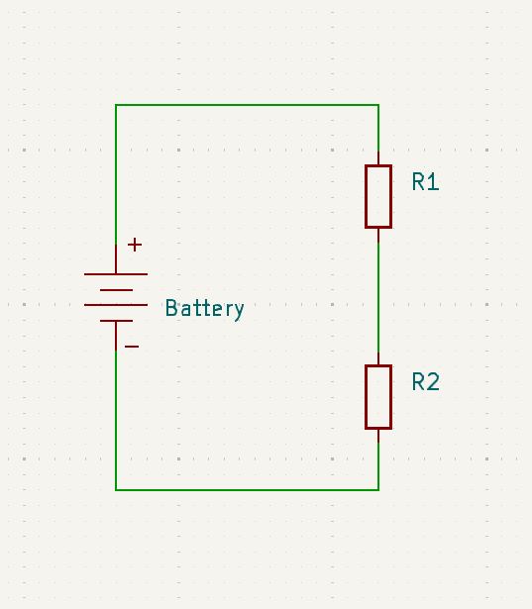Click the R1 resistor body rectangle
pyautogui.click(x=378, y=196)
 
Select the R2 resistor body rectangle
pyautogui.click(x=378, y=396)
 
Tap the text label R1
pyautogui.click(x=425, y=182)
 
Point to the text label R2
pyautogui.click(x=425, y=382)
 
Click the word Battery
pyautogui.click(x=204, y=308)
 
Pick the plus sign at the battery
pyautogui.click(x=135, y=245)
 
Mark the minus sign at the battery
pyautogui.click(x=132, y=347)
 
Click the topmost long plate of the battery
pyautogui.click(x=116, y=274)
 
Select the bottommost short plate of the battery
pyautogui.click(x=116, y=321)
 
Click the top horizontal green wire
pyautogui.click(x=248, y=105)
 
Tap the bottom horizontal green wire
pyautogui.click(x=248, y=489)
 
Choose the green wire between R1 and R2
pyautogui.click(x=378, y=297)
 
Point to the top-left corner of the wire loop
pyautogui.click(x=116, y=105)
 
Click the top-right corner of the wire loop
pyautogui.click(x=378, y=105)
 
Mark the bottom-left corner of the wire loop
pyautogui.click(x=116, y=489)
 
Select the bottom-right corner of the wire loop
pyautogui.click(x=378, y=489)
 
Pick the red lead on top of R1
pyautogui.click(x=378, y=158)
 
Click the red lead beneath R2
pyautogui.click(x=378, y=436)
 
